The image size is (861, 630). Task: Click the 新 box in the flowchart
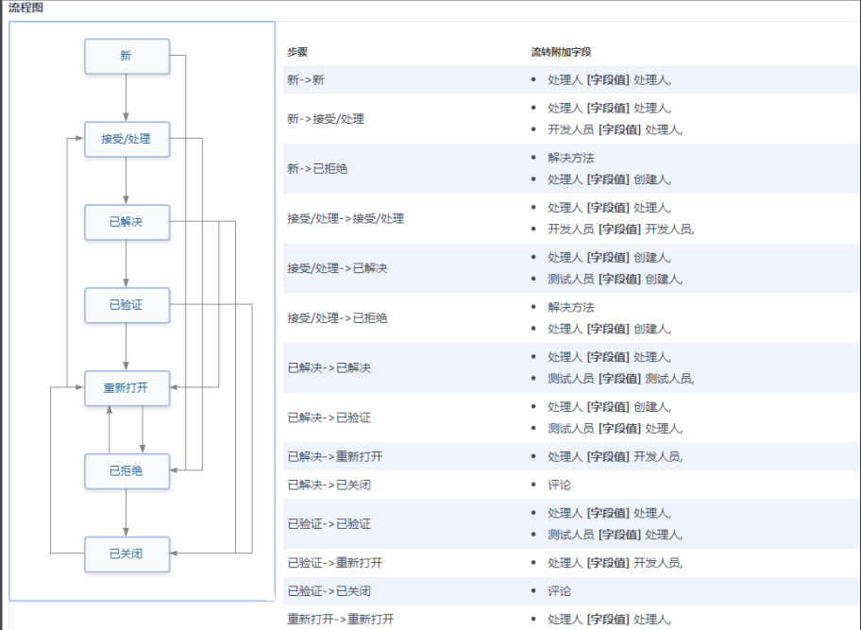[x=127, y=56]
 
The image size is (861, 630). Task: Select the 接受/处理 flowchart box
[x=127, y=139]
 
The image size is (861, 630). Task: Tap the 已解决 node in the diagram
[x=127, y=222]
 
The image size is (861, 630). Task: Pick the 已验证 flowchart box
[x=127, y=305]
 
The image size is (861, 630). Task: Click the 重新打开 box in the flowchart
[x=127, y=387]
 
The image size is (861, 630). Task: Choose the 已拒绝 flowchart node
[x=127, y=470]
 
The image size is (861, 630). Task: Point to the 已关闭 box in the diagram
[x=127, y=553]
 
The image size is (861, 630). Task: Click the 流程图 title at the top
[x=25, y=8]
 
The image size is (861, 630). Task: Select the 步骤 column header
[x=297, y=52]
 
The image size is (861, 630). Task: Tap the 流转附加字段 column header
[x=561, y=52]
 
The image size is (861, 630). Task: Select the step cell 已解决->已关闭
[x=322, y=485]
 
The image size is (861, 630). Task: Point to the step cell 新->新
[x=306, y=80]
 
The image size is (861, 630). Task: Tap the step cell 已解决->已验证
[x=322, y=417]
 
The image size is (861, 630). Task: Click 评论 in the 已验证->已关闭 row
[x=559, y=591]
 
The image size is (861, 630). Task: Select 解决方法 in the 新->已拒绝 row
[x=571, y=158]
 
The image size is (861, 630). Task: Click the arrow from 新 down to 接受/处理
[x=127, y=97]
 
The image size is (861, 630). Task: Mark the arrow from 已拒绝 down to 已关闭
[x=127, y=512]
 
